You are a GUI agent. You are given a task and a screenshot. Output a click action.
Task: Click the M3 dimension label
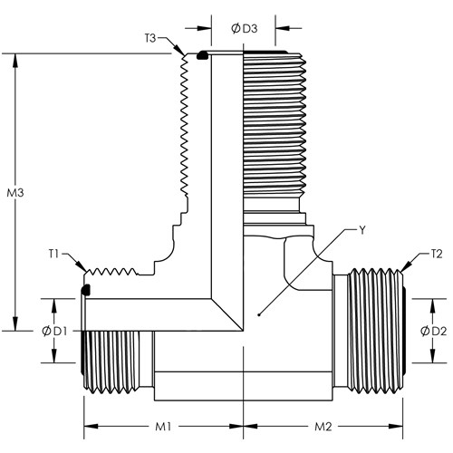15,193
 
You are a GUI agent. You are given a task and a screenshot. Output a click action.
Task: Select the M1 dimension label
163,427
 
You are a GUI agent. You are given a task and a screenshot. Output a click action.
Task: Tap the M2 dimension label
323,427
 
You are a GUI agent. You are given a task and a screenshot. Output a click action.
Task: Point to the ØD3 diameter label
244,28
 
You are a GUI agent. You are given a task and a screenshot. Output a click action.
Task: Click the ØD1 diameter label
54,332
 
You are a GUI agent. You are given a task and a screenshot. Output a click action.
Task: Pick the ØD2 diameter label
433,332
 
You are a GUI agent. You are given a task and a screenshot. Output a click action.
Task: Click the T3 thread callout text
149,38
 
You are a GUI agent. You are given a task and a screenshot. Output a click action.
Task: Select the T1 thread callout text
53,254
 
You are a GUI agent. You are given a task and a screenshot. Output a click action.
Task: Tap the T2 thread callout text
437,254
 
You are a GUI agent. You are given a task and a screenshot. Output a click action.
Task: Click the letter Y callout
362,230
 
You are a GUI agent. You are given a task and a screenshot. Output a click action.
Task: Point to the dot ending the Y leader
259,315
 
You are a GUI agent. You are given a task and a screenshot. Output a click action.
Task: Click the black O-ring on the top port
202,55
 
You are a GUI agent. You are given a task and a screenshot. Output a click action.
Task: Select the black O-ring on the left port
86,290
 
